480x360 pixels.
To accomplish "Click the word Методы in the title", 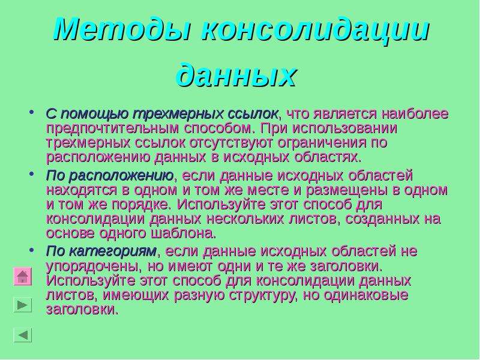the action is pos(123,30).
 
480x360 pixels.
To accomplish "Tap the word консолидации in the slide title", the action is pos(316,30).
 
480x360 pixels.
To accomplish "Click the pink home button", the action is pos(23,277).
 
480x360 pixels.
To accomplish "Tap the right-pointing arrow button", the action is pos(23,305).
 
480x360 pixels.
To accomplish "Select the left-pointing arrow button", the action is pos(23,335).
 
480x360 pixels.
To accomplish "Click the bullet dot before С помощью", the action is pos(31,112).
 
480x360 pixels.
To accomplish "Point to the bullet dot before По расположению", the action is pos(31,173).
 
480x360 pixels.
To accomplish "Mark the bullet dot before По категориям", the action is pos(31,250).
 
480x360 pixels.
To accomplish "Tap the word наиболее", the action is pos(415,113).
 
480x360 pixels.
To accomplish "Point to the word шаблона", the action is pos(184,233).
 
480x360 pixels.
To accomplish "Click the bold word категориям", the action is pos(113,251).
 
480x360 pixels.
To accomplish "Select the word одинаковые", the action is pos(366,295).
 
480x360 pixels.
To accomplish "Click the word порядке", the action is pos(140,205).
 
